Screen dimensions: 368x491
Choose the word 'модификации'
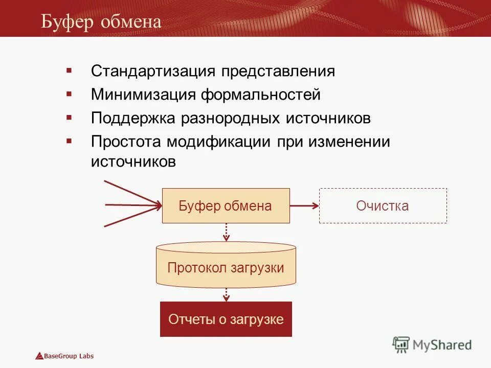coord(217,142)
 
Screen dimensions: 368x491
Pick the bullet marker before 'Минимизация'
coord(69,94)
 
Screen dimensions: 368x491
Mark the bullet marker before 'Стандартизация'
coord(69,70)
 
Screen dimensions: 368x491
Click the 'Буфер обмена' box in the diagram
coord(226,206)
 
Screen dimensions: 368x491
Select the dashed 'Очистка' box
coord(383,206)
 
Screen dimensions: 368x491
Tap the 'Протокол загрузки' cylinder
coord(226,267)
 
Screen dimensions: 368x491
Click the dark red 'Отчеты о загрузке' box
coord(226,319)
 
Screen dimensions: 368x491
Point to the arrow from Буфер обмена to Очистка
coord(304,206)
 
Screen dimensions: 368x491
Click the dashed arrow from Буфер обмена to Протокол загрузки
coord(226,232)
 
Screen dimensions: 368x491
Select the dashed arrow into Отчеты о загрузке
coord(226,293)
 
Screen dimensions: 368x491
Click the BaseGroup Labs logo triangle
coord(39,356)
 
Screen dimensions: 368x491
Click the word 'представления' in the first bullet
coord(278,71)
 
